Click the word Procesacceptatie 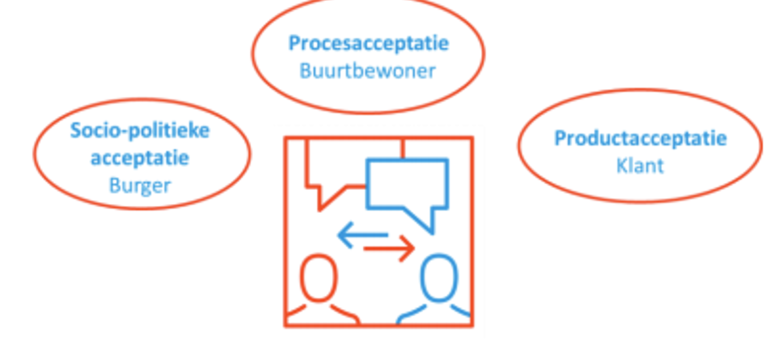click(x=368, y=43)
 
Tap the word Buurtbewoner click(x=367, y=71)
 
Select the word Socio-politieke click(x=139, y=130)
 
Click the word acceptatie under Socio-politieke click(x=139, y=158)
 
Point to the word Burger click(x=139, y=185)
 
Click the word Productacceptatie click(x=640, y=138)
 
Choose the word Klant click(x=639, y=165)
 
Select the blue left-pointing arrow click(x=362, y=234)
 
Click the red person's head click(x=318, y=278)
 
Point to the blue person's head click(x=439, y=278)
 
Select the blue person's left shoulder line click(x=411, y=313)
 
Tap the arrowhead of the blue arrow click(x=344, y=234)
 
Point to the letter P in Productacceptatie click(x=560, y=138)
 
